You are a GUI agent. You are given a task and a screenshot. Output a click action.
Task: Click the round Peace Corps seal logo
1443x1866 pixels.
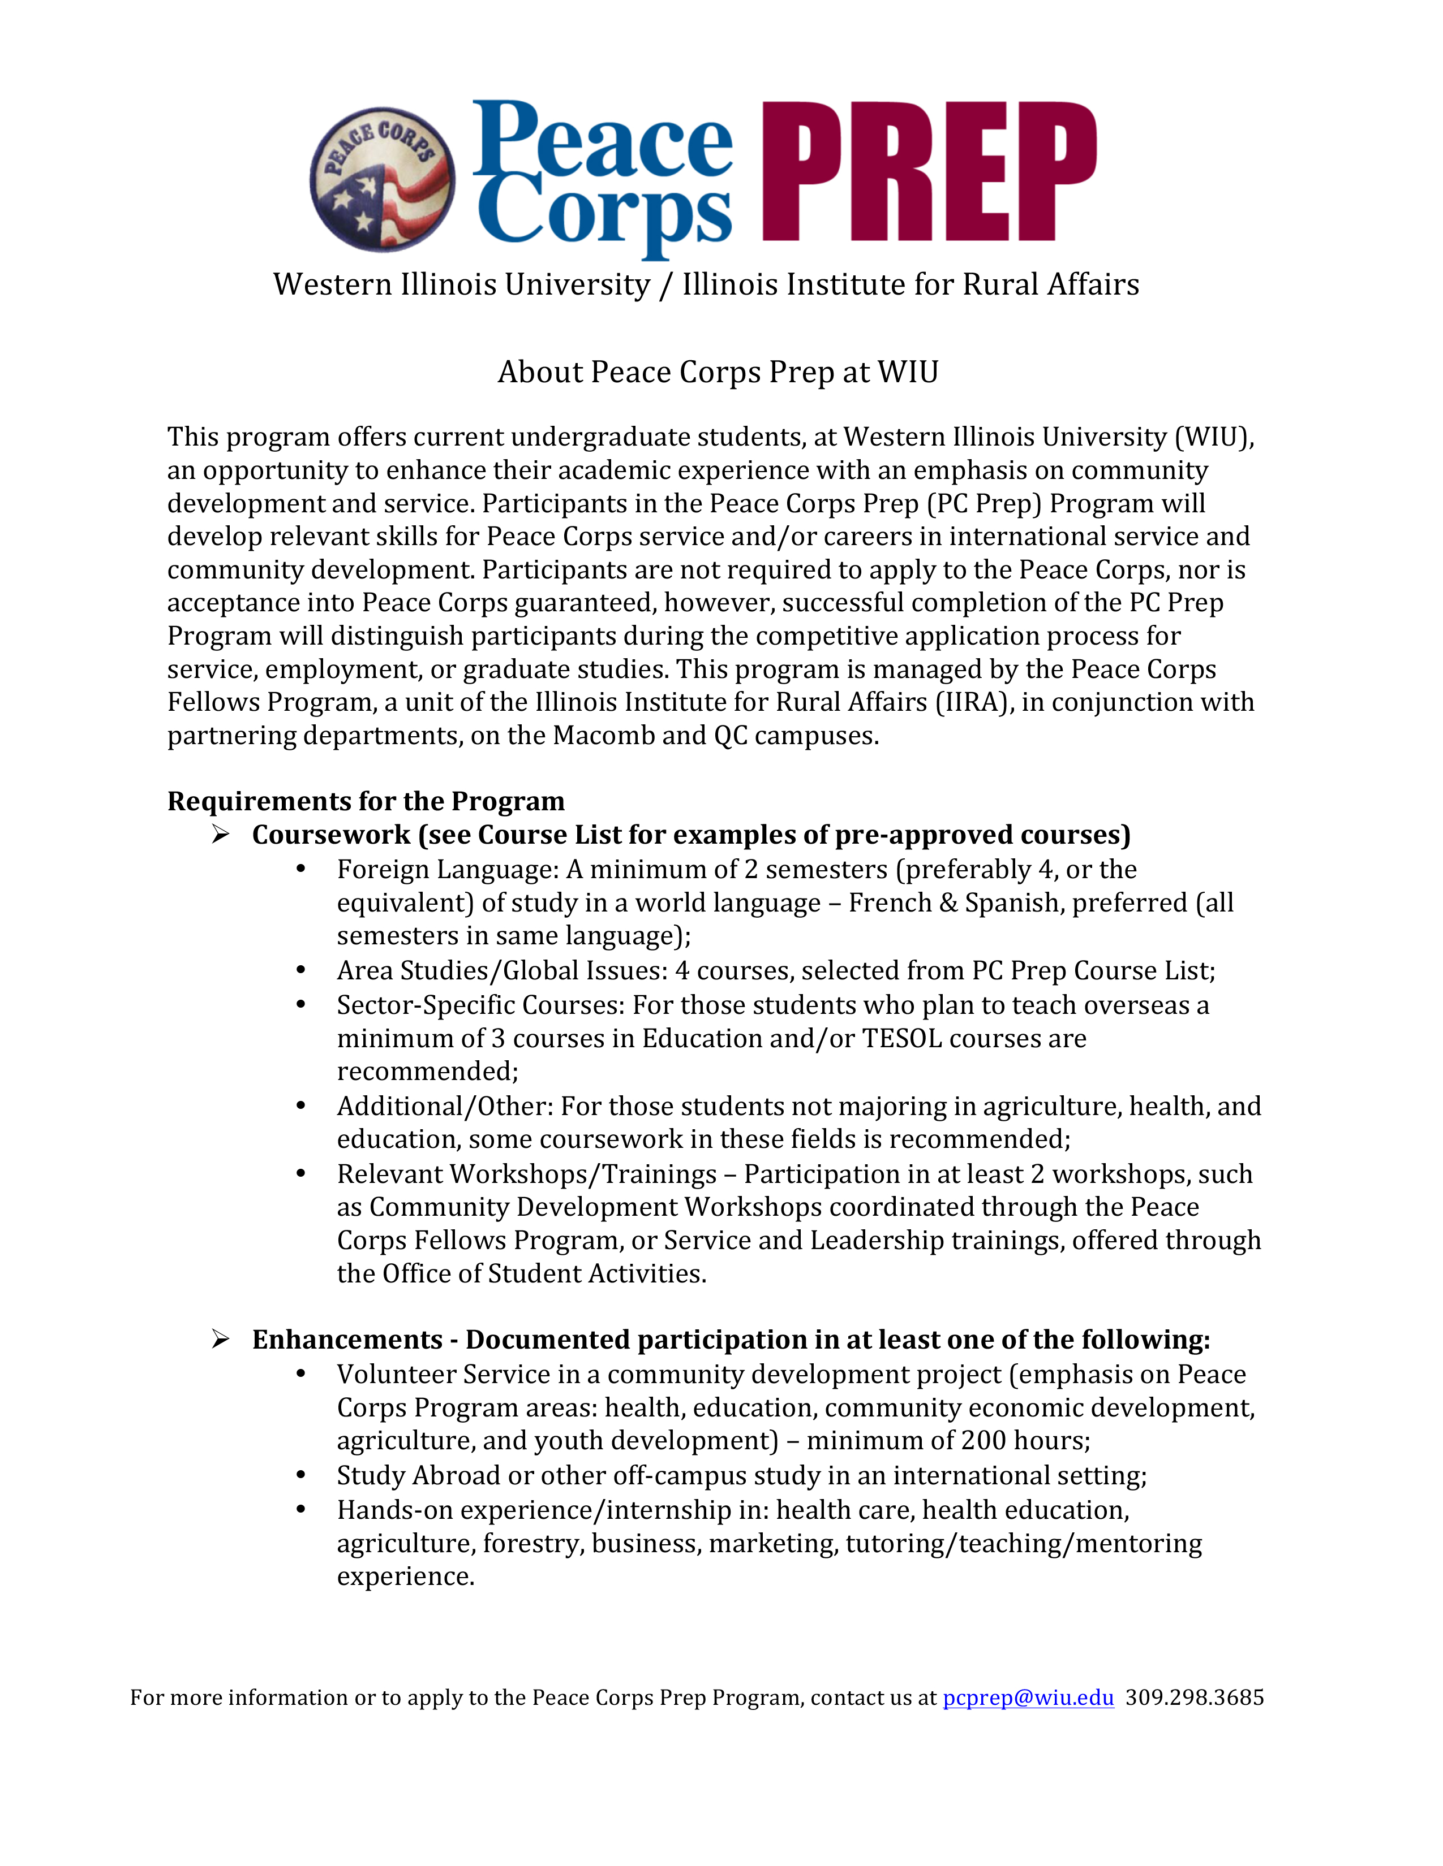382,179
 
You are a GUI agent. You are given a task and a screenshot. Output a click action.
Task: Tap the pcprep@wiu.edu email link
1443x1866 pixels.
1028,1697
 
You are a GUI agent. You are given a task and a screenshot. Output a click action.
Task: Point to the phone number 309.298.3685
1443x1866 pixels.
1194,1697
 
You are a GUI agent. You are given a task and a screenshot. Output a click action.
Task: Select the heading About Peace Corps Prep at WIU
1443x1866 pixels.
718,373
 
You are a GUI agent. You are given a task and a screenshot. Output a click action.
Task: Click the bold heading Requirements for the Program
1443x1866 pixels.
366,801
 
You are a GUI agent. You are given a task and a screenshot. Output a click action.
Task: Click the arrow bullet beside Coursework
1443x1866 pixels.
221,834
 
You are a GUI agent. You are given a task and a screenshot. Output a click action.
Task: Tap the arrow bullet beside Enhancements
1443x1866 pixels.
221,1339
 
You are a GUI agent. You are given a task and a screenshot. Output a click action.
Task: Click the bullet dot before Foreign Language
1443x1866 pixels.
301,869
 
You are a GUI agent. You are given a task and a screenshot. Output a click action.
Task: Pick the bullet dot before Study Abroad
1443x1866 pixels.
301,1475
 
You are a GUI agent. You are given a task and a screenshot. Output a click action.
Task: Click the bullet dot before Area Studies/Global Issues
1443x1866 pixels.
301,970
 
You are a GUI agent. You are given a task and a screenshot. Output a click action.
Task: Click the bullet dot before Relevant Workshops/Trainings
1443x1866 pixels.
301,1174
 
